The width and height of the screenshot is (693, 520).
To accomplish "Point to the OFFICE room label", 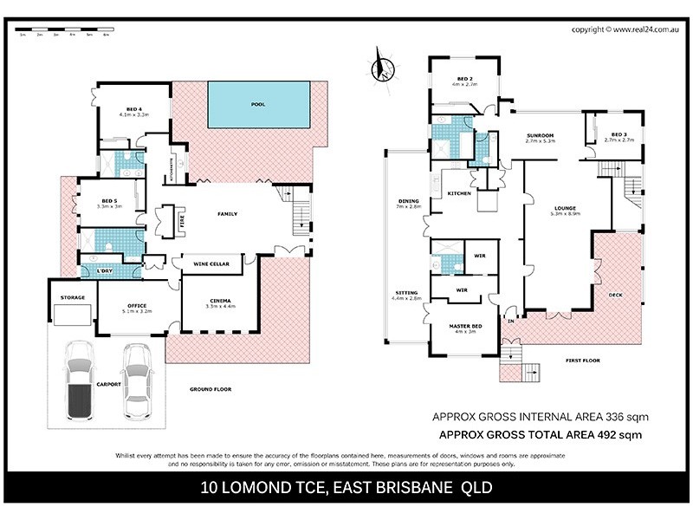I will click(x=136, y=305).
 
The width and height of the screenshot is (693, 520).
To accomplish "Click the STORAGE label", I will click(x=72, y=297).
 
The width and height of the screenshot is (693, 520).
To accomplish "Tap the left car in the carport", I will click(x=79, y=380).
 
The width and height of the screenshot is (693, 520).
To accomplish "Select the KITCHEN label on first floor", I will click(x=458, y=193).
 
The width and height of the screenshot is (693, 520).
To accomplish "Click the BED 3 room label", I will click(x=618, y=134).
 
